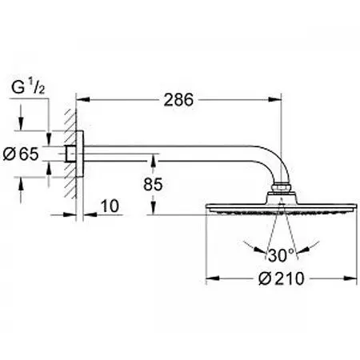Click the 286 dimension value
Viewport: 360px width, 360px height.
coord(178,100)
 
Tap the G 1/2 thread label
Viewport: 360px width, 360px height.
coord(28,87)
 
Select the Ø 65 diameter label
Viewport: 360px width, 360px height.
coord(21,154)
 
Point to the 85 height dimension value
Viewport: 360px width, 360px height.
coord(153,184)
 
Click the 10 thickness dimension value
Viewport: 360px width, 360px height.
coord(110,206)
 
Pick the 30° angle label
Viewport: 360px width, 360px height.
coord(281,255)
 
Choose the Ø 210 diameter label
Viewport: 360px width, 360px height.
coord(282,278)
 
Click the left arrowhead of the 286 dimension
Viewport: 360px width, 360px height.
coord(82,100)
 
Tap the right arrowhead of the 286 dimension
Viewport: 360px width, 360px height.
coord(275,100)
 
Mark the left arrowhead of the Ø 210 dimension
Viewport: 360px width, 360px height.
coord(213,278)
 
